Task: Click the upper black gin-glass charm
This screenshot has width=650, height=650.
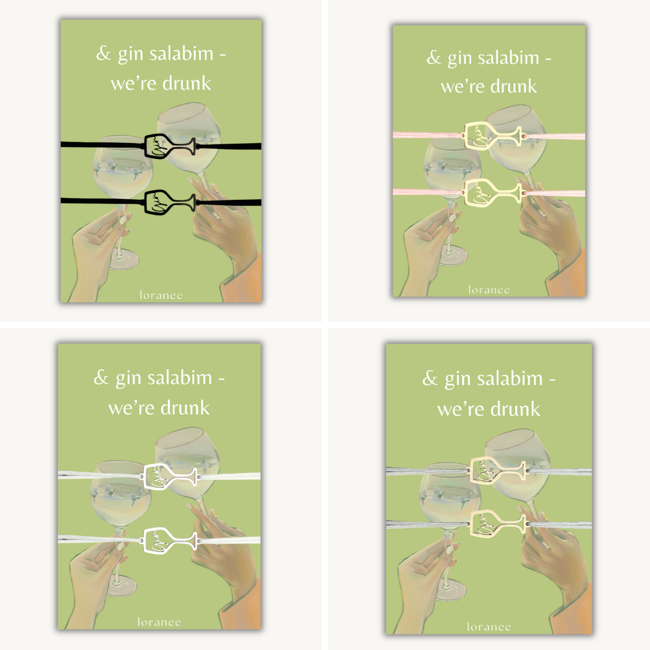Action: click(x=170, y=146)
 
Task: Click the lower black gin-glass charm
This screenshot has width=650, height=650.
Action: click(x=170, y=202)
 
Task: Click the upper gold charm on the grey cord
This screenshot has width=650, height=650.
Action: click(x=498, y=469)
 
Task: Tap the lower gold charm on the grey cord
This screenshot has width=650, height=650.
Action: click(x=498, y=523)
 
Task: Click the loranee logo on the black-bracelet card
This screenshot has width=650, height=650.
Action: click(x=161, y=295)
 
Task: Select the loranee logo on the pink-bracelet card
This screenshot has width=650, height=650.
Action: click(x=489, y=289)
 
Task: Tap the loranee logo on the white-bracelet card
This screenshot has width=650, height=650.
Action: click(x=159, y=622)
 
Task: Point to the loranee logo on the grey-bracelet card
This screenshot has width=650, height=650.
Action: click(x=489, y=627)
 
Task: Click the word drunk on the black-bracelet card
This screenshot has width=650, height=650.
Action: click(x=187, y=83)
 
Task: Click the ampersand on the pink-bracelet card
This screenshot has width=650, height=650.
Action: click(x=433, y=58)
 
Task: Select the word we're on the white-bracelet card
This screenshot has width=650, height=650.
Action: click(x=131, y=408)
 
